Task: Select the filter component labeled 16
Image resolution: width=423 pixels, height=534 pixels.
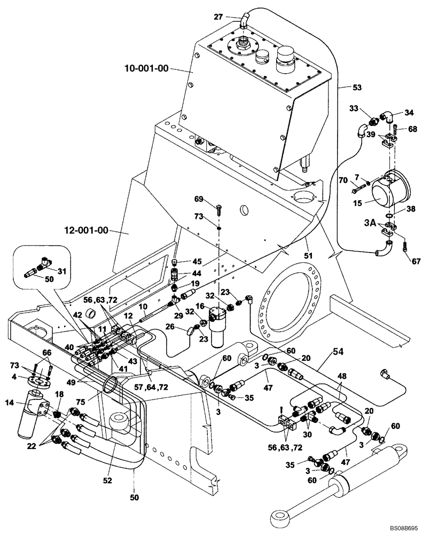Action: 220,326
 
